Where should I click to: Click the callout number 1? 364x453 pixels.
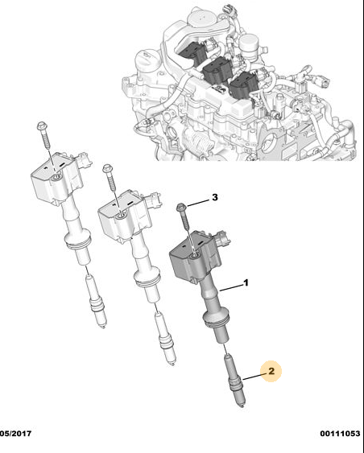[x=246, y=282]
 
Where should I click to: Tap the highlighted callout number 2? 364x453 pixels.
[x=271, y=371]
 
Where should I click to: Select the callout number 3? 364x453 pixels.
[x=214, y=197]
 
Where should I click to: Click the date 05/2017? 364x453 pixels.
[x=15, y=434]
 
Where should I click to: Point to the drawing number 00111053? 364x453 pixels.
[x=340, y=434]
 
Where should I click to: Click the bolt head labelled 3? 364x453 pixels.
[x=181, y=207]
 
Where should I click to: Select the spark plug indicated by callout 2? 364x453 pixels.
[x=235, y=381]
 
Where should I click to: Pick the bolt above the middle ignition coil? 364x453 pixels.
[x=110, y=177]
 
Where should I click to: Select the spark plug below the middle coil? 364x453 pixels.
[x=165, y=340]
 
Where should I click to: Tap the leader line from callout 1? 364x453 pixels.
[x=231, y=287]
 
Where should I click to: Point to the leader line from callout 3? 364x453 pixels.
[x=198, y=203]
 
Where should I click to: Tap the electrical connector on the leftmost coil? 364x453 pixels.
[x=84, y=160]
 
